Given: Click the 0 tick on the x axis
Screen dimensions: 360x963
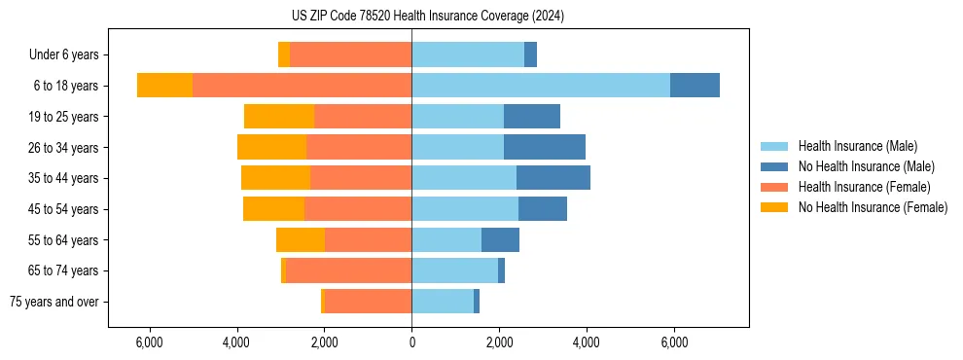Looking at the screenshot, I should pyautogui.click(x=411, y=342).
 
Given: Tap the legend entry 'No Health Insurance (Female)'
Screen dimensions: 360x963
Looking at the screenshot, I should pyautogui.click(x=873, y=207).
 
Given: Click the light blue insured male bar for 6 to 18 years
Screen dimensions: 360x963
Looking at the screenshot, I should pyautogui.click(x=541, y=86).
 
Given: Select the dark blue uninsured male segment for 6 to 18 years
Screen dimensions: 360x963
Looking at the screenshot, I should pyautogui.click(x=695, y=86).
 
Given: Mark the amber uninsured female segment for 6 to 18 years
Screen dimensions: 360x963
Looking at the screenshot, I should pyautogui.click(x=164, y=86).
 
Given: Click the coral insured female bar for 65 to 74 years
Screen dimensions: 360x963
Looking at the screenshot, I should pyautogui.click(x=349, y=270).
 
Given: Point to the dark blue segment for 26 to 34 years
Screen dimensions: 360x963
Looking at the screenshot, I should pyautogui.click(x=545, y=147).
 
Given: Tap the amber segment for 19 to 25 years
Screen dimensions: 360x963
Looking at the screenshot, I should pyautogui.click(x=279, y=117).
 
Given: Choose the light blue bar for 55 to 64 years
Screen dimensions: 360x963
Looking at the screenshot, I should pyautogui.click(x=446, y=239).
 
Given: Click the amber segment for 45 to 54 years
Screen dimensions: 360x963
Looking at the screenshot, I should pyautogui.click(x=273, y=209).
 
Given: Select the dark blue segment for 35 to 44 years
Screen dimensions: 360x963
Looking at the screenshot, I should pyautogui.click(x=553, y=178).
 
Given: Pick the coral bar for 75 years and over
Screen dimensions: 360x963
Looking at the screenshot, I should pyautogui.click(x=369, y=302).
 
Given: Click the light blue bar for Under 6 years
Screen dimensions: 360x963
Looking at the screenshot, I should pyautogui.click(x=468, y=55).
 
